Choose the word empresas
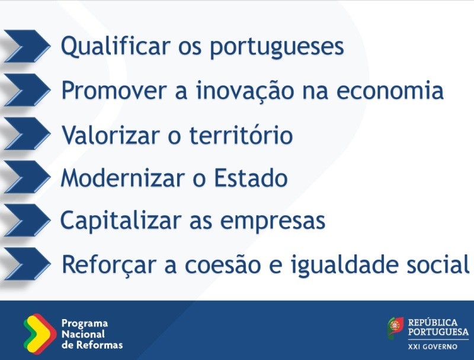click(273, 221)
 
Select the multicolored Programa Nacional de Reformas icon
click(40, 332)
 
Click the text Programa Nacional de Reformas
click(91, 333)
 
